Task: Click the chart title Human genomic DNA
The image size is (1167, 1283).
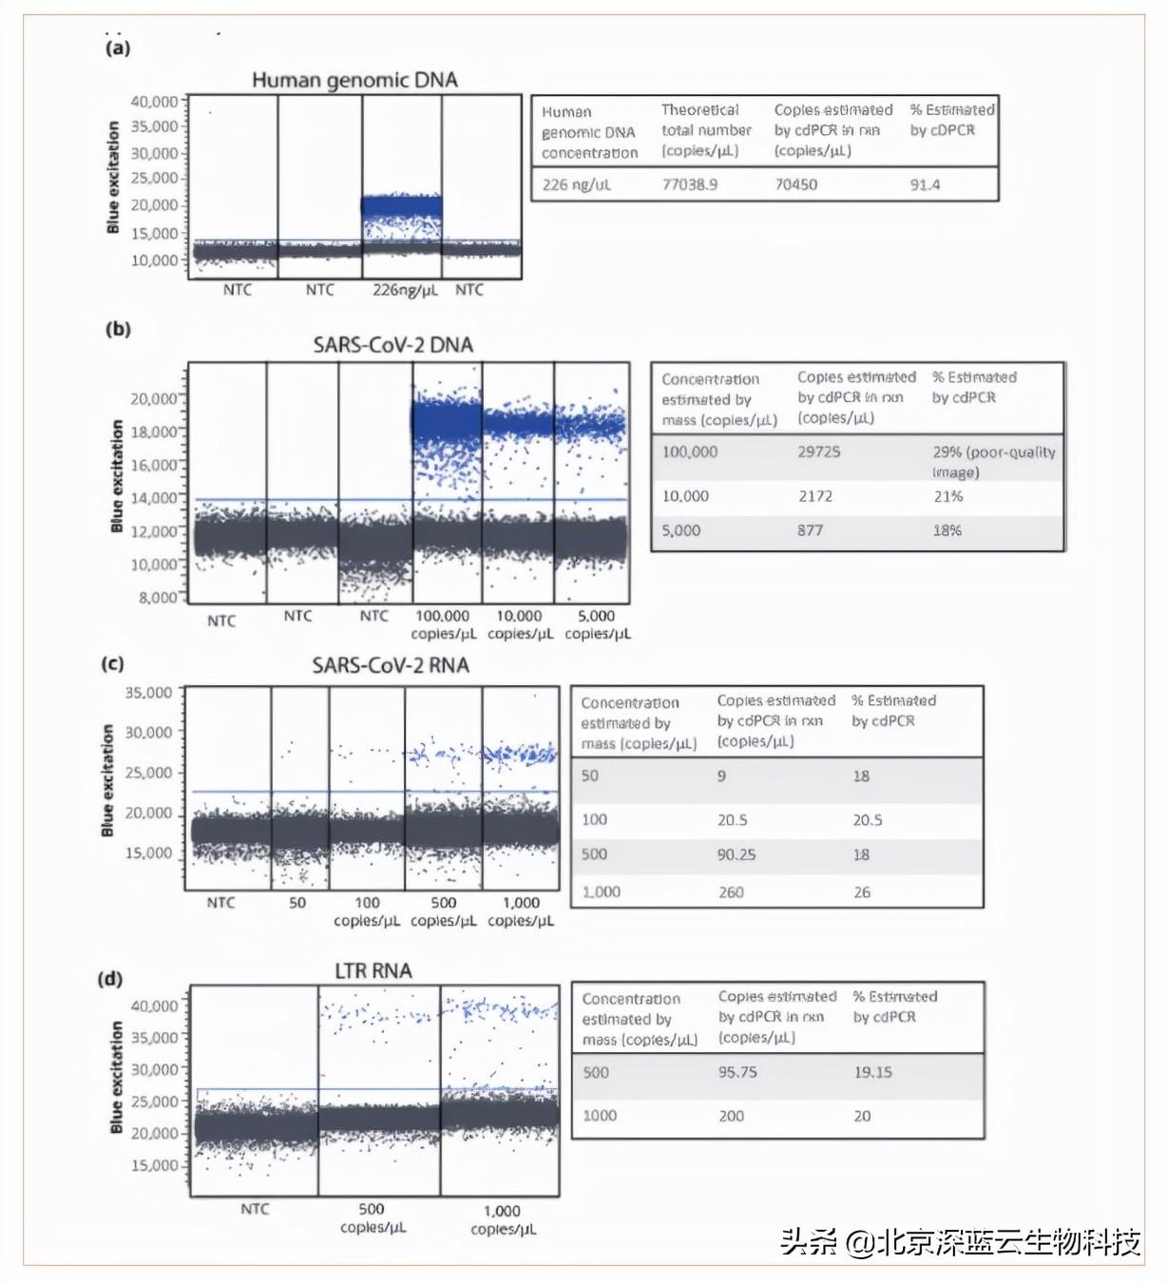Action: (354, 80)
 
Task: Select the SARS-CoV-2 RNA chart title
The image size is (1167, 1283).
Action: (391, 665)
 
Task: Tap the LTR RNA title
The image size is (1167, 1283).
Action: (373, 970)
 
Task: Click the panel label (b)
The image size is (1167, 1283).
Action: (118, 329)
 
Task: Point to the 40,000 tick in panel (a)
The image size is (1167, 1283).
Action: (154, 102)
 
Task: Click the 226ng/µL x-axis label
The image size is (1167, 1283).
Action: (405, 290)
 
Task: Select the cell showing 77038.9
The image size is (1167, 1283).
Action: (689, 184)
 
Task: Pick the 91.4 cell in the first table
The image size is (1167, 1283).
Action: (925, 184)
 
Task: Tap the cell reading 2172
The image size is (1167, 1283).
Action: (814, 496)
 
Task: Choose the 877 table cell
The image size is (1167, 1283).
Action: (810, 530)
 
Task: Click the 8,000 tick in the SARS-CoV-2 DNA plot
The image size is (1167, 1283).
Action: (158, 597)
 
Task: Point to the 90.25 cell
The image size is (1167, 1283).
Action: (736, 854)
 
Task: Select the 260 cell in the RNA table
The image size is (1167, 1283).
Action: (731, 892)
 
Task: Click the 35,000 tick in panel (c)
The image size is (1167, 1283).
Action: (149, 692)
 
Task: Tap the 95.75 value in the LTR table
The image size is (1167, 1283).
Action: (737, 1072)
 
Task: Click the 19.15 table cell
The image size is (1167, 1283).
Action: (872, 1072)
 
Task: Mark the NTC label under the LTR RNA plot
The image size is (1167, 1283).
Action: (254, 1209)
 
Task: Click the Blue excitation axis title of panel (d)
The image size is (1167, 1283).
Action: (117, 1078)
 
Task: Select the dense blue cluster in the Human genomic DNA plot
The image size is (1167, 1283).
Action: (402, 205)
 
